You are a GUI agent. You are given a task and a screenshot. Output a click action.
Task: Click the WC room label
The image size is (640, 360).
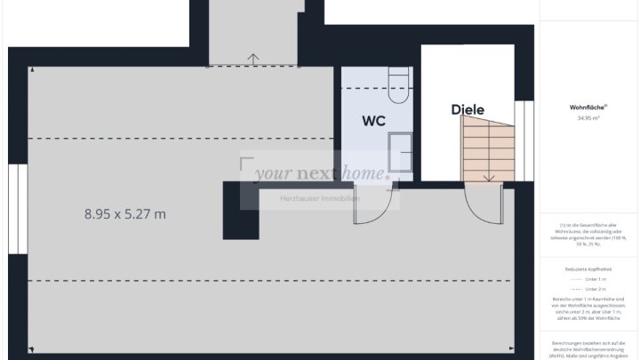pyautogui.click(x=373, y=121)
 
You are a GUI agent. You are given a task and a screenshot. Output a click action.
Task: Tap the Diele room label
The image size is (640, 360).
pyautogui.click(x=468, y=110)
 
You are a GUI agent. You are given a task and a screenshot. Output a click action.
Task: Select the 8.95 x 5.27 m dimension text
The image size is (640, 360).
pyautogui.click(x=125, y=213)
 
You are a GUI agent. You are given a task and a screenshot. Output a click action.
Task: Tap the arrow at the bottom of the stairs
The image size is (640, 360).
pyautogui.click(x=488, y=177)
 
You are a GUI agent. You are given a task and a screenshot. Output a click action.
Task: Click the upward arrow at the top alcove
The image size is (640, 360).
pyautogui.click(x=254, y=60)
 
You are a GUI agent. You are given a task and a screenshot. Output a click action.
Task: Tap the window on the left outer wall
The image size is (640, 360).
pyautogui.click(x=17, y=210)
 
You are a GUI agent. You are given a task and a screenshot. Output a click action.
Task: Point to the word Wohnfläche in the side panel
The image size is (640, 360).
pyautogui.click(x=587, y=107)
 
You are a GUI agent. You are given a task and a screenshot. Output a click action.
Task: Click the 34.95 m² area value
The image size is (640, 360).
pyautogui.click(x=588, y=117)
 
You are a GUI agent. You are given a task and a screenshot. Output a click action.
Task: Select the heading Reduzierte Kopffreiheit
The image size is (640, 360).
pyautogui.click(x=588, y=266)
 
